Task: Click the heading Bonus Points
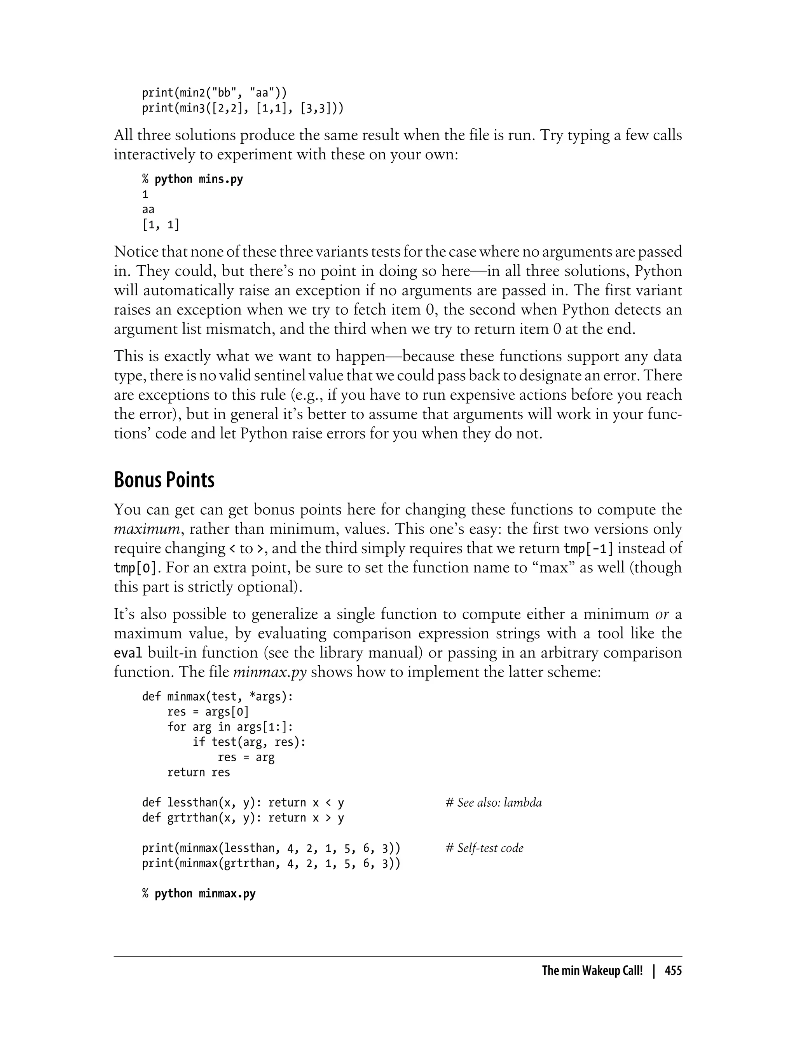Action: pos(164,480)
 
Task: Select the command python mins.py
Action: pos(199,179)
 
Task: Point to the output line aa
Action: pos(148,209)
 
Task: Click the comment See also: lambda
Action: pos(494,802)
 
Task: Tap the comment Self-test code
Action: pos(485,848)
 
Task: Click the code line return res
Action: pos(199,772)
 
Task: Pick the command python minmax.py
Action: pos(205,893)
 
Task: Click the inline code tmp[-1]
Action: pos(588,548)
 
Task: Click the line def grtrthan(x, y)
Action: pos(243,818)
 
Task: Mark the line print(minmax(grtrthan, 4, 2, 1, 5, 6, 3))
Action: pos(271,863)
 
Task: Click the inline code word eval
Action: pos(128,653)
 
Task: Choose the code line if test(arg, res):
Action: pos(249,742)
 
